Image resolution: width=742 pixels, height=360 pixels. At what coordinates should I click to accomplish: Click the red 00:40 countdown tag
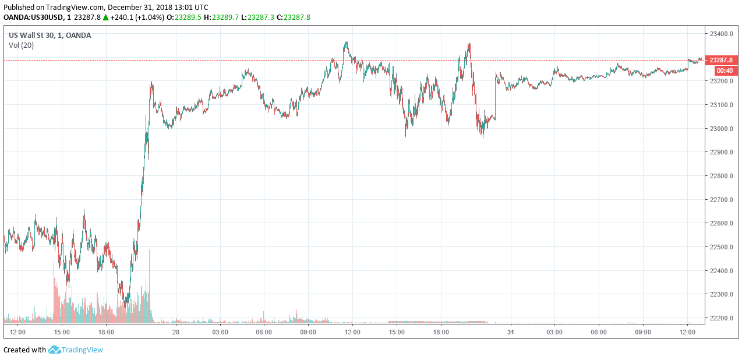coord(725,70)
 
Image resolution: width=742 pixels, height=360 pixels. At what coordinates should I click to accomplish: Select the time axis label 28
coord(175,332)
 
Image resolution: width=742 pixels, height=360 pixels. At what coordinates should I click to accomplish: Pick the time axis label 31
coord(510,332)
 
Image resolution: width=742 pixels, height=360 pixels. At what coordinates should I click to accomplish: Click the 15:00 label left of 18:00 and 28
coord(62,332)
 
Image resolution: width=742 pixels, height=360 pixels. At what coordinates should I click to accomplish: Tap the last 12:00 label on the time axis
coord(687,332)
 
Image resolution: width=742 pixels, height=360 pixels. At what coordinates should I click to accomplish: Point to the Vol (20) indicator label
coord(21,45)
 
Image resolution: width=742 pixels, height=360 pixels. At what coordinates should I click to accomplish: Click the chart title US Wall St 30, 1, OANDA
coord(50,35)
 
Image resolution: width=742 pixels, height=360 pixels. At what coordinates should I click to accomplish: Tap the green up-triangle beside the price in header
coord(105,17)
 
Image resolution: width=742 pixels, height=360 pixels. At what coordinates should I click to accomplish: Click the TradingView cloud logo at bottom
coord(55,350)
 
